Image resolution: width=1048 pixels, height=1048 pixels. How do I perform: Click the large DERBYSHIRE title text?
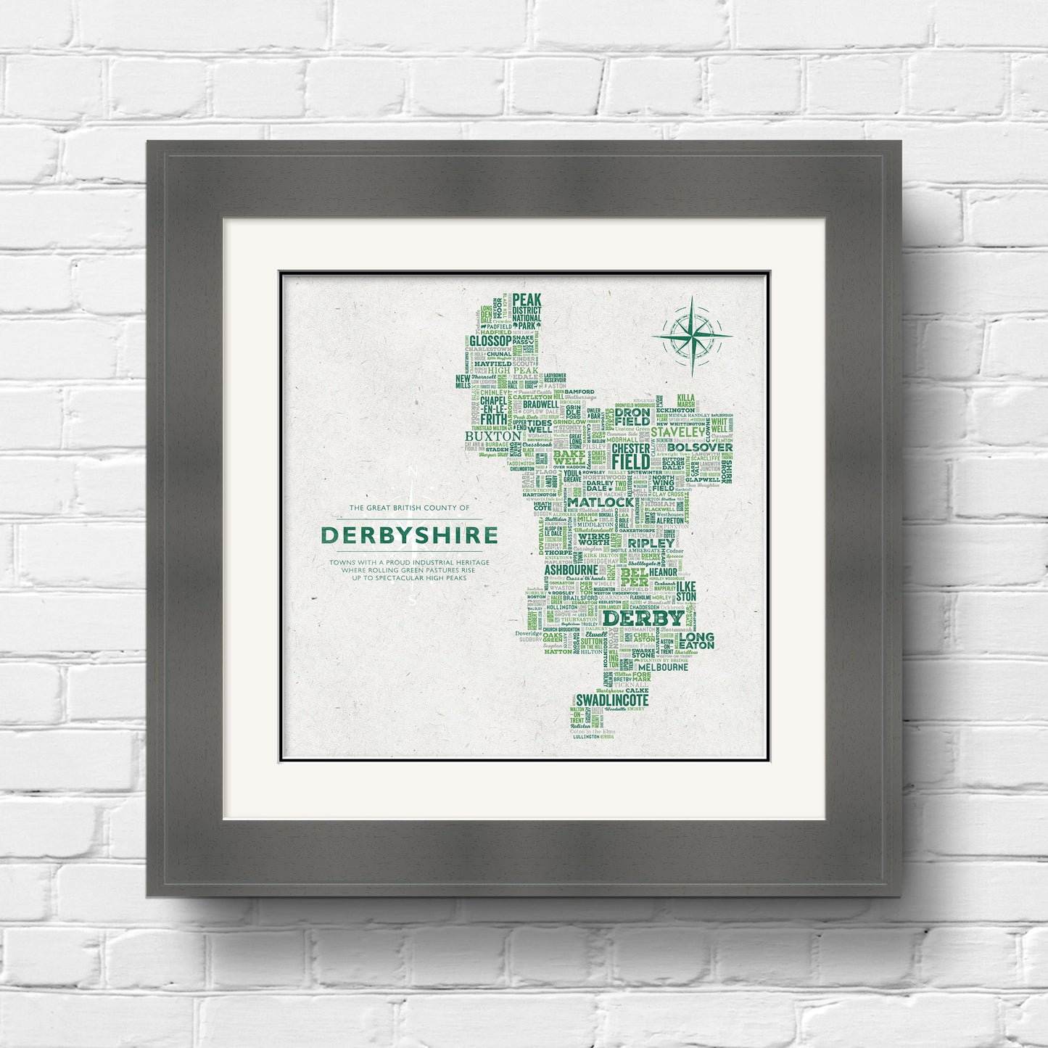click(x=409, y=535)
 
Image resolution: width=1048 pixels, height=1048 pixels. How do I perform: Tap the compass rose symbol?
click(x=692, y=335)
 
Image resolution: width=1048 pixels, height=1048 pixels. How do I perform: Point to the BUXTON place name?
click(x=493, y=437)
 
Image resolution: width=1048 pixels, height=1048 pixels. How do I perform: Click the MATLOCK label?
click(x=601, y=502)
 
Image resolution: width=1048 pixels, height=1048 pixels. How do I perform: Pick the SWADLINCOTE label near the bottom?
click(x=611, y=700)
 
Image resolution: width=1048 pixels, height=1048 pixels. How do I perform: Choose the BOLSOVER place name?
click(x=704, y=447)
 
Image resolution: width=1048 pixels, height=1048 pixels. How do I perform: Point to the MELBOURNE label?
click(x=663, y=667)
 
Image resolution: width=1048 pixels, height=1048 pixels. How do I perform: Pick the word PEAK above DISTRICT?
click(x=527, y=300)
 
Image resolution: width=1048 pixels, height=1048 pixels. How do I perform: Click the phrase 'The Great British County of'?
click(x=409, y=508)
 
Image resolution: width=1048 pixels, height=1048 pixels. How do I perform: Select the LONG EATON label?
click(x=697, y=641)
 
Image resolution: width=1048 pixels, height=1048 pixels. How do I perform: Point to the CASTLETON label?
click(x=532, y=397)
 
